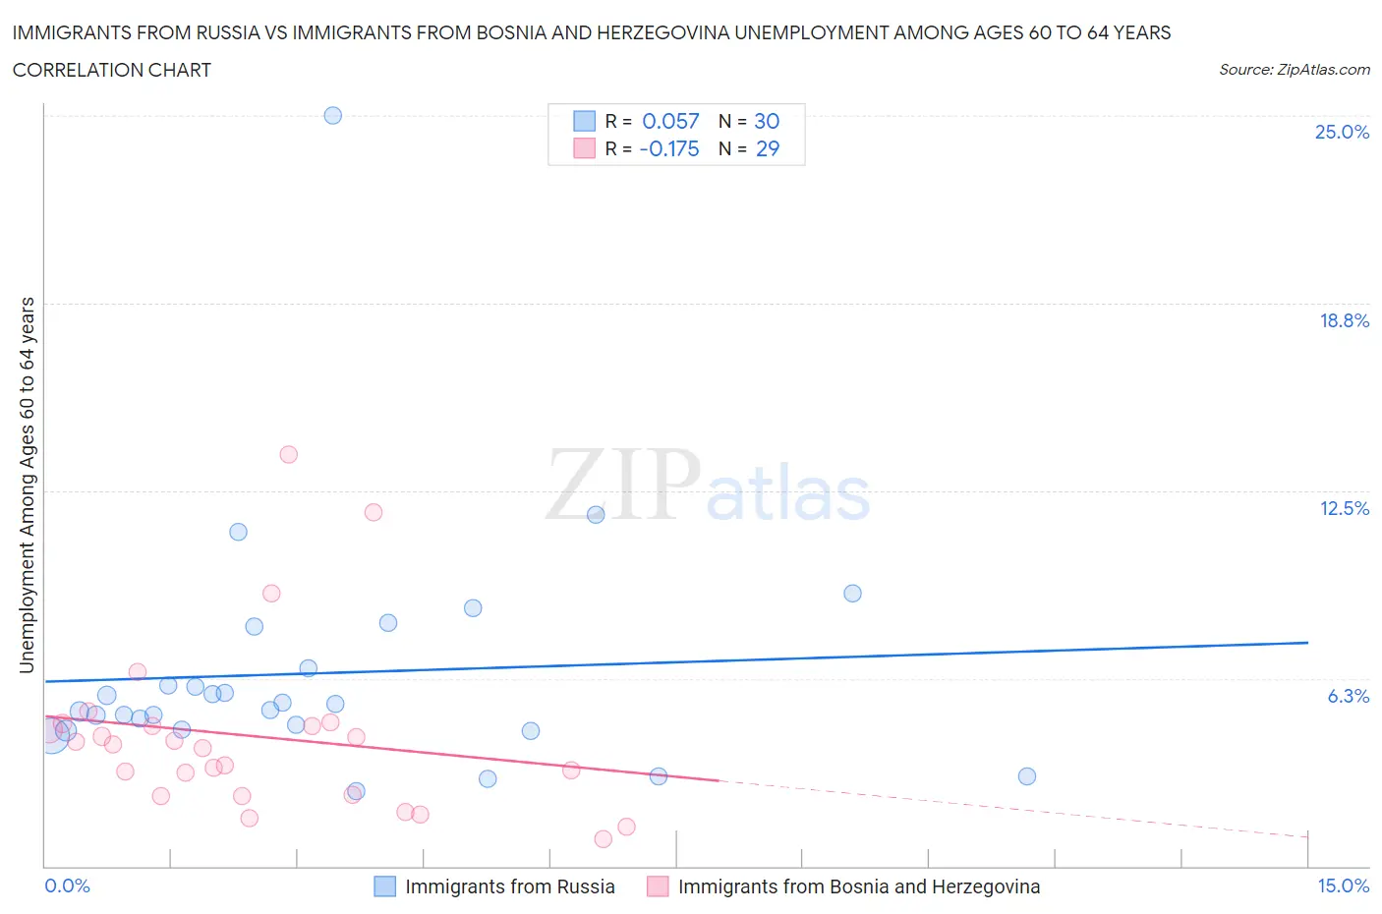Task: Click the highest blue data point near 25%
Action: pyautogui.click(x=332, y=115)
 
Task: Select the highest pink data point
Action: pyautogui.click(x=288, y=454)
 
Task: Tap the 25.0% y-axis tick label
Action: pyautogui.click(x=1342, y=132)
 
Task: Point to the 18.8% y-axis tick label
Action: pyautogui.click(x=1344, y=320)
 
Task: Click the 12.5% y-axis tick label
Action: pyautogui.click(x=1344, y=508)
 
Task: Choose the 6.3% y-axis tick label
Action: pyautogui.click(x=1348, y=696)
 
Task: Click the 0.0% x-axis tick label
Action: pyautogui.click(x=68, y=885)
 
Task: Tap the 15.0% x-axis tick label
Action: pyautogui.click(x=1343, y=885)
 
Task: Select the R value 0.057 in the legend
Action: pyautogui.click(x=670, y=121)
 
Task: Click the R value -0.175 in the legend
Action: pyautogui.click(x=669, y=148)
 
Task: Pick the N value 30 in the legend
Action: pyautogui.click(x=767, y=121)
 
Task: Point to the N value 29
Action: pyautogui.click(x=767, y=148)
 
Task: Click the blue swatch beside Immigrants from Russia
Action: pyautogui.click(x=385, y=886)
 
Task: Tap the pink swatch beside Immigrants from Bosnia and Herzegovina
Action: pyautogui.click(x=658, y=886)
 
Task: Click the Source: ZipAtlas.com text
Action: pyautogui.click(x=1294, y=69)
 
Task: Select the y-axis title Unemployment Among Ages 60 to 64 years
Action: pyautogui.click(x=27, y=486)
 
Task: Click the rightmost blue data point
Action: pyautogui.click(x=1027, y=776)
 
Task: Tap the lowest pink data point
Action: pyautogui.click(x=604, y=838)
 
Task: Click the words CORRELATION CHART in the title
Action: pyautogui.click(x=112, y=70)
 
